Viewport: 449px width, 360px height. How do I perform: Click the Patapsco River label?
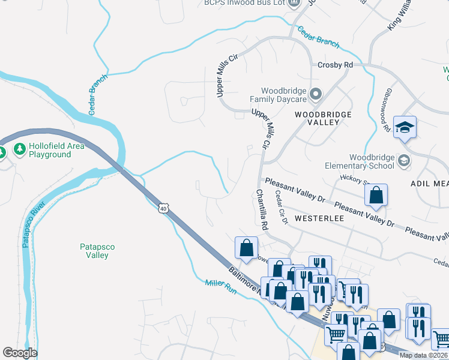(33, 223)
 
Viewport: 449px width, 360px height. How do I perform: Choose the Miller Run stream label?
(221, 287)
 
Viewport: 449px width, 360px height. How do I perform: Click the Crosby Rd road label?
(335, 65)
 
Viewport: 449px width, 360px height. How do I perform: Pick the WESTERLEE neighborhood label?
(320, 218)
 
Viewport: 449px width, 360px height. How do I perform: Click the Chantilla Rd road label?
(262, 210)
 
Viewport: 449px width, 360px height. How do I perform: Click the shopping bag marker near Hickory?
(376, 195)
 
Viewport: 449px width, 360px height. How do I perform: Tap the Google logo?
(20, 353)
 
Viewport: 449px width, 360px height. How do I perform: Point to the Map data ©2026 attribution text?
(423, 355)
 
